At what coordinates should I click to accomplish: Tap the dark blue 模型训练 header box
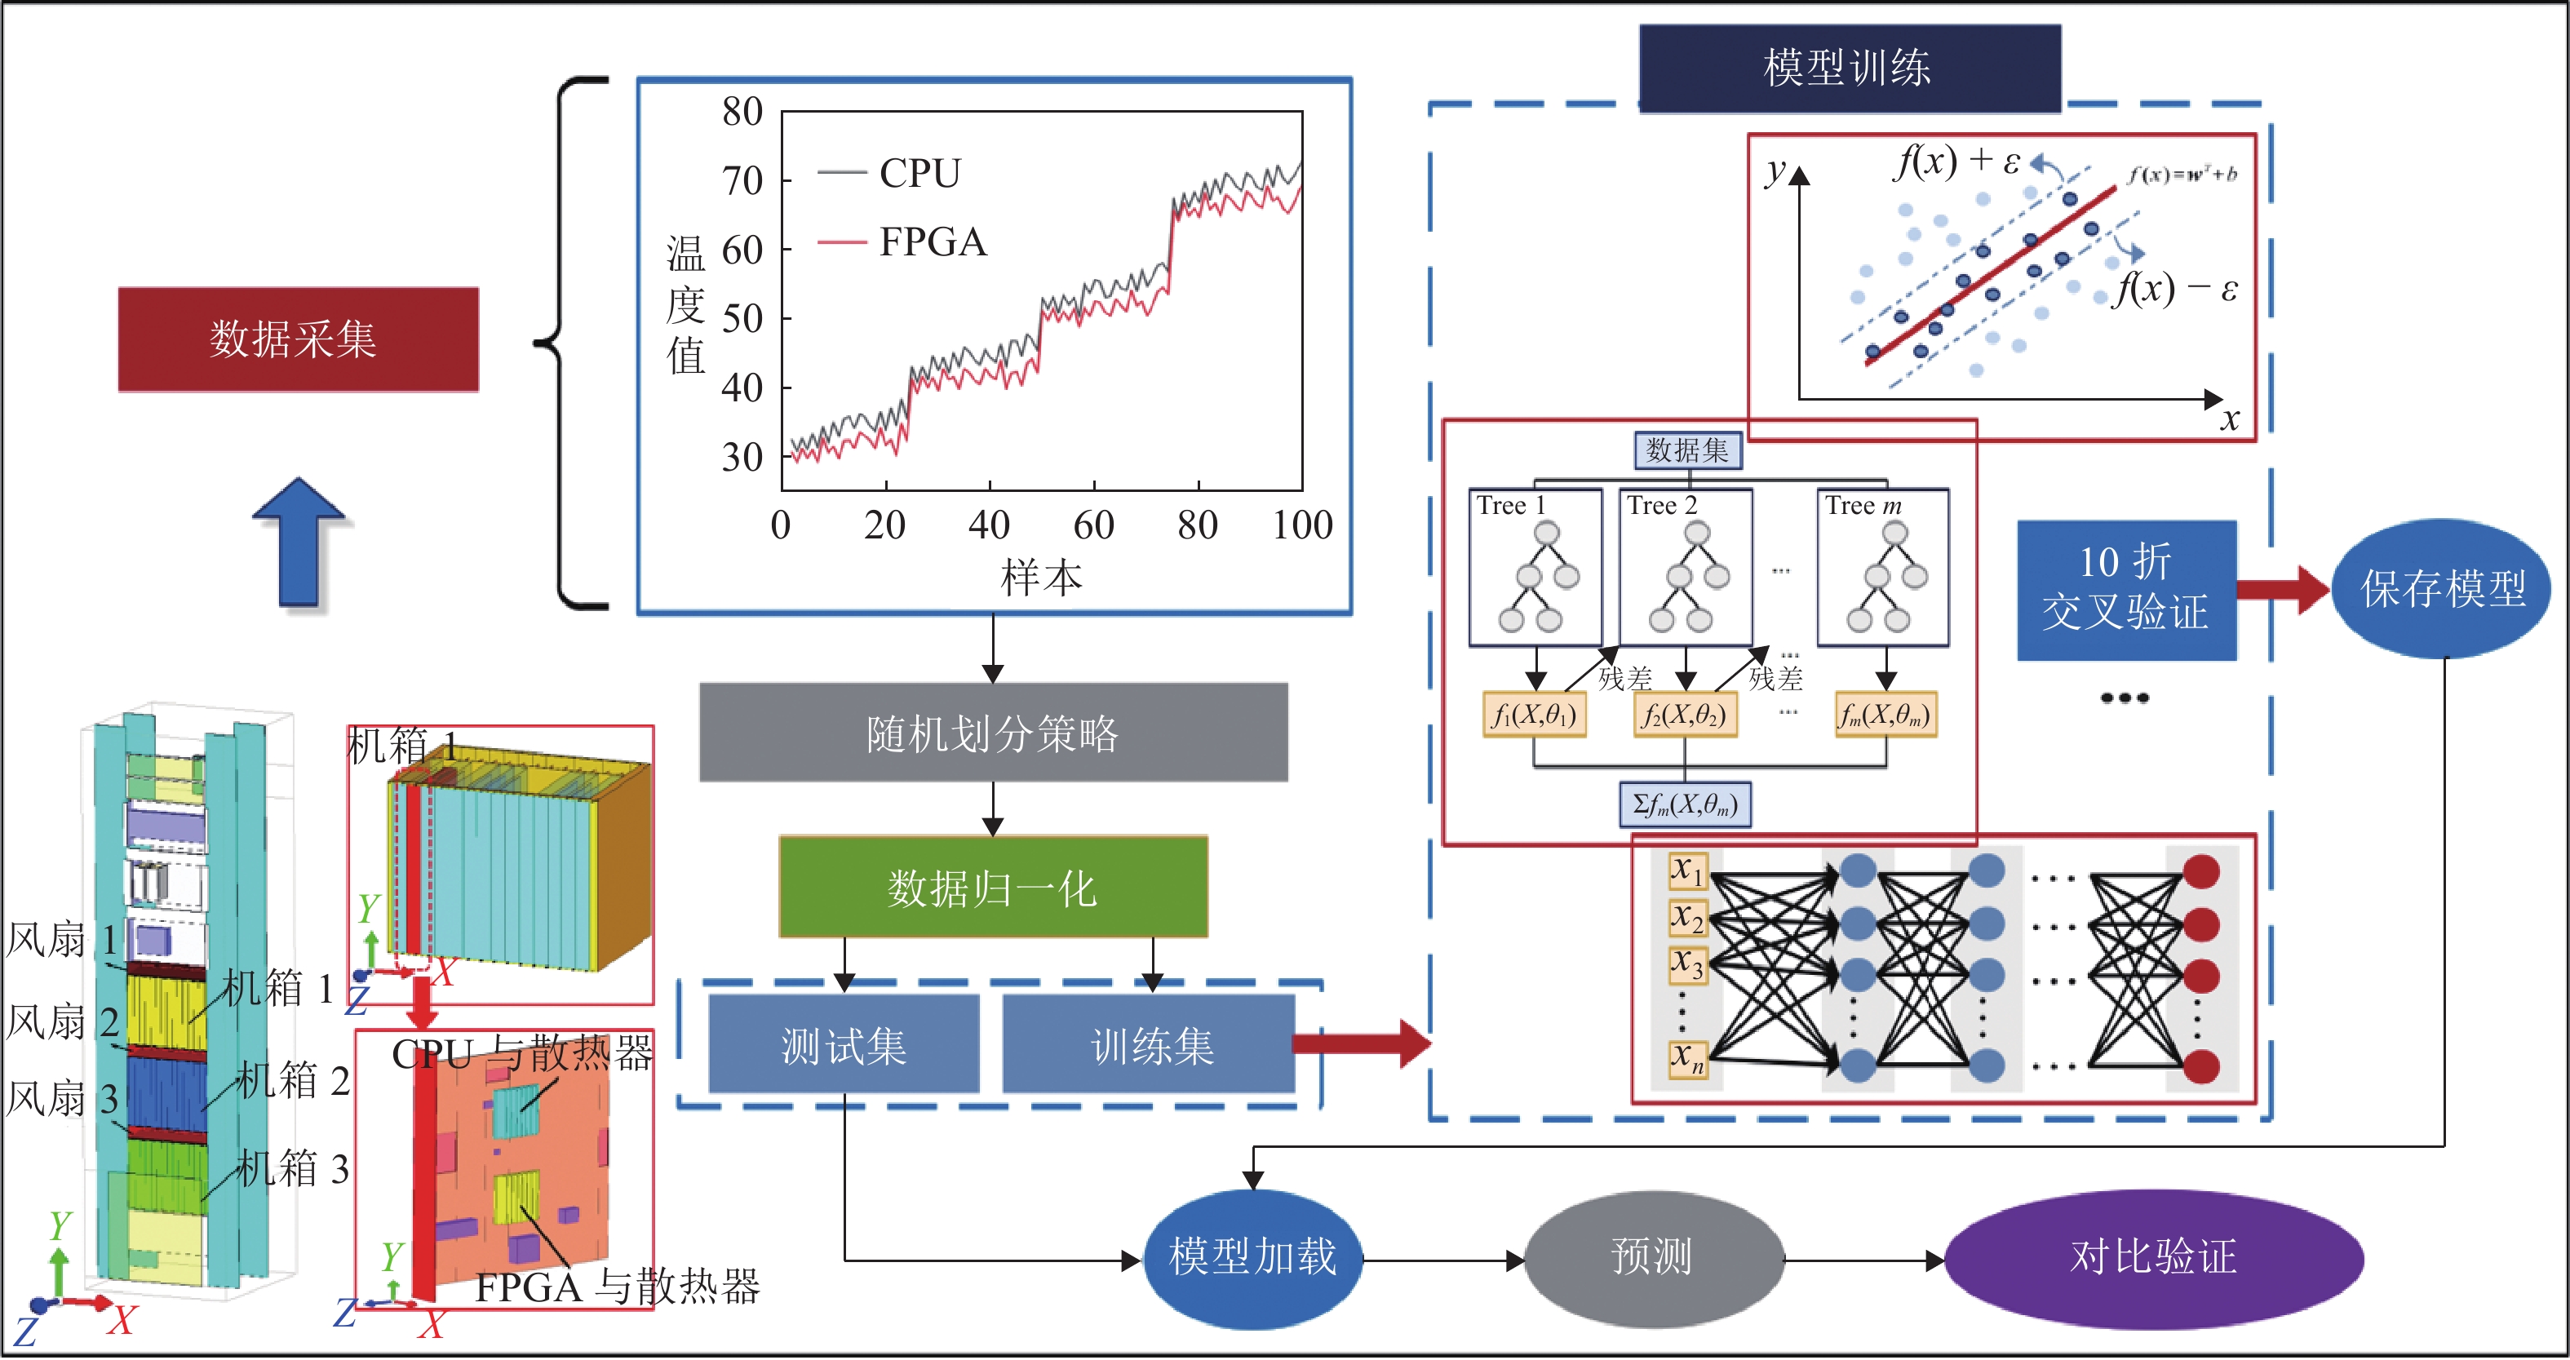click(x=1849, y=68)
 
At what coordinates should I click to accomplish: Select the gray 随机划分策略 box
click(x=993, y=733)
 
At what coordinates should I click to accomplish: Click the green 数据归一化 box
click(x=993, y=886)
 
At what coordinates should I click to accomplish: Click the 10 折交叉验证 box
click(x=2125, y=589)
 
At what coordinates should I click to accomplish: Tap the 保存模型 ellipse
click(x=2441, y=589)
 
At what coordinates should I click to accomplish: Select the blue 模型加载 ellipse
click(x=1252, y=1257)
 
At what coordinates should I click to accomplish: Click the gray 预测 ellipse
click(x=1652, y=1257)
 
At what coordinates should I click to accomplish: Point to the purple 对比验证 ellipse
click(x=2153, y=1257)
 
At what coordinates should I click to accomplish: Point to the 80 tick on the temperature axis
click(x=743, y=112)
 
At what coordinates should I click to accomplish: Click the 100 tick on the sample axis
click(x=1302, y=525)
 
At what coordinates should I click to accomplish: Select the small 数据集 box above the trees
click(x=1687, y=451)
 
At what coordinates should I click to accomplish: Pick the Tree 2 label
click(x=1661, y=506)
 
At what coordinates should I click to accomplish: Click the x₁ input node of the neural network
click(x=1687, y=870)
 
